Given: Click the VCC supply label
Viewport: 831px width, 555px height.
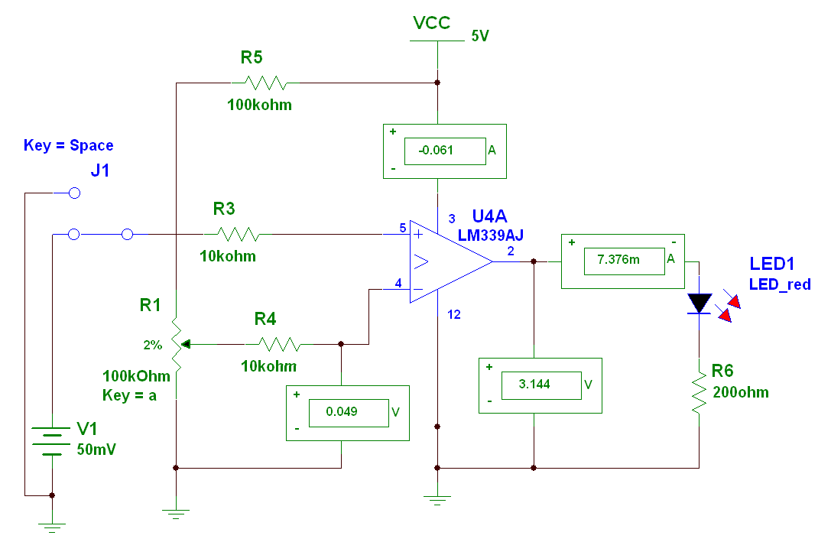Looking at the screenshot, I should (x=431, y=23).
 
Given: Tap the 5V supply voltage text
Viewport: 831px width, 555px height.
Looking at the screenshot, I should (x=480, y=36).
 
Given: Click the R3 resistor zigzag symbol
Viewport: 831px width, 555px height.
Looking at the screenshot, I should (x=237, y=234).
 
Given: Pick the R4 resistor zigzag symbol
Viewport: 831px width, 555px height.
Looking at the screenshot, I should (x=278, y=344).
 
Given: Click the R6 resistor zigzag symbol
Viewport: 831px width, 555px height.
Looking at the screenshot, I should (x=699, y=393).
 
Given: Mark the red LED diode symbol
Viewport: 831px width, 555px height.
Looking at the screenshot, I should (x=699, y=303).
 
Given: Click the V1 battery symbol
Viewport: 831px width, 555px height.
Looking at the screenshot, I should (x=51, y=442).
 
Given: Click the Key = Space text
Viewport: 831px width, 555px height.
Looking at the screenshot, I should (x=69, y=145).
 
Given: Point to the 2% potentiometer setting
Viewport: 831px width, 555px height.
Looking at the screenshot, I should (x=152, y=345).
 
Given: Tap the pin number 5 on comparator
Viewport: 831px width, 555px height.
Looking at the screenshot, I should (x=402, y=228).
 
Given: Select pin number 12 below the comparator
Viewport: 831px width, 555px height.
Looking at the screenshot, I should (x=454, y=314).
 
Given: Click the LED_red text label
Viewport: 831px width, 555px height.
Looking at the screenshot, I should (x=780, y=284).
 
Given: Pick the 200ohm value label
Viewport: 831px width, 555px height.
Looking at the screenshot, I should (x=740, y=392).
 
